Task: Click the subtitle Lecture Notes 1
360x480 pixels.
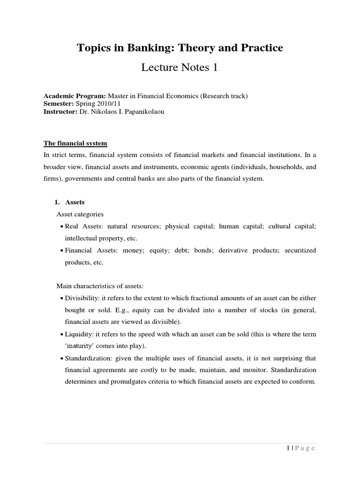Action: pyautogui.click(x=180, y=68)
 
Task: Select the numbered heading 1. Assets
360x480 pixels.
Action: pyautogui.click(x=69, y=202)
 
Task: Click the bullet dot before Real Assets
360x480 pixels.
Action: pyautogui.click(x=61, y=227)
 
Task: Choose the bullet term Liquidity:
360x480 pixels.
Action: pyautogui.click(x=79, y=334)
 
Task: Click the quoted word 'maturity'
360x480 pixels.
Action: pyautogui.click(x=80, y=346)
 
